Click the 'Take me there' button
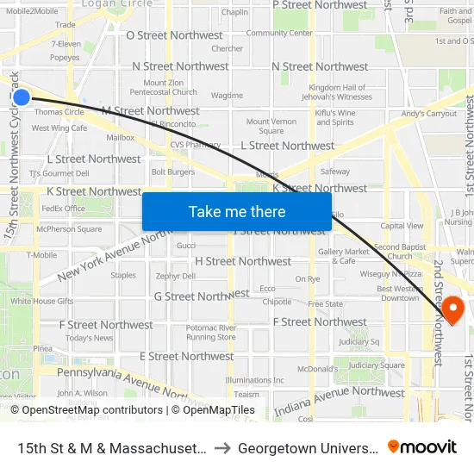(x=236, y=212)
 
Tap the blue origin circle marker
(x=22, y=97)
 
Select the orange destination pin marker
(x=452, y=308)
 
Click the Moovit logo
(x=422, y=446)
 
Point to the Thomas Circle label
(x=59, y=112)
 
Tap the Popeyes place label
(x=65, y=58)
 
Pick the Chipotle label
(x=277, y=302)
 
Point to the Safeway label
(x=335, y=172)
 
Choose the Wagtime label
(x=227, y=96)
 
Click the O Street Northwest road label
(x=174, y=35)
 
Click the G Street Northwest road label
(x=201, y=296)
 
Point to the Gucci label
(x=186, y=246)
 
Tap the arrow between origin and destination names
(x=221, y=448)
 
